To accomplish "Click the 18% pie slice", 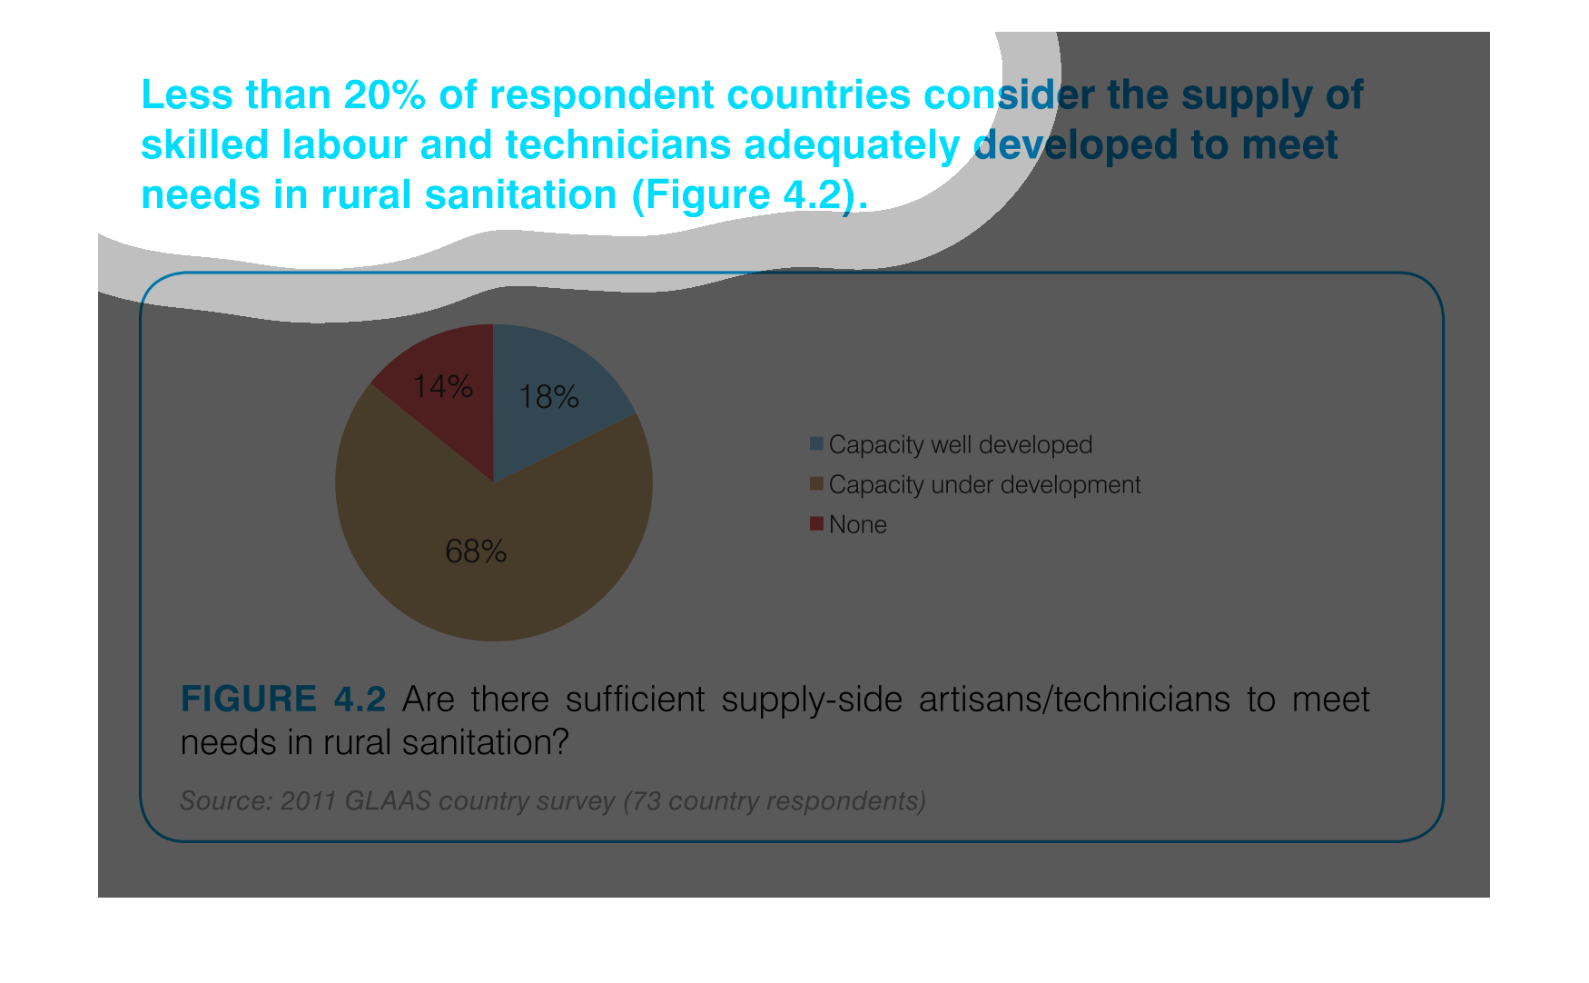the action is [x=554, y=400].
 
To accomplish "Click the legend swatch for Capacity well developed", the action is [x=816, y=444].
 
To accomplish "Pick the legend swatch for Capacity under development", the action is [x=816, y=484].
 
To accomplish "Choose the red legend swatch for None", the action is [x=816, y=524].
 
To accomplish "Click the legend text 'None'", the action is [x=858, y=525].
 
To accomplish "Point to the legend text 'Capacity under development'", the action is [x=984, y=485].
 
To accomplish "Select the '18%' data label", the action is [x=548, y=397].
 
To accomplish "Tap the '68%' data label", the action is [x=476, y=551].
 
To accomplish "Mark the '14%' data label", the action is [x=442, y=387].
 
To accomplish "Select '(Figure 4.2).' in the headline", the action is [x=750, y=195].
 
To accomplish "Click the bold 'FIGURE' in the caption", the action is [x=249, y=700].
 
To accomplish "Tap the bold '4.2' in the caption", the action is [x=360, y=700].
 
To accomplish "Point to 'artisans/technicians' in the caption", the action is [x=1074, y=700].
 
